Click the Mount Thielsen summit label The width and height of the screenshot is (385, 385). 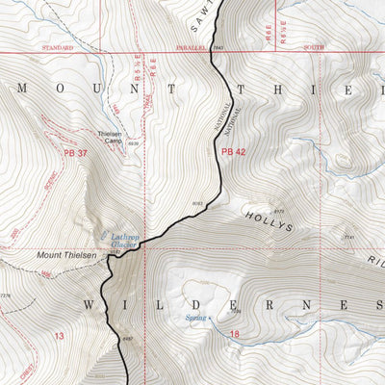point(65,255)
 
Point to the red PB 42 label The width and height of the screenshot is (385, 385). point(234,151)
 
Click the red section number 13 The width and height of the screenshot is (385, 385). point(59,336)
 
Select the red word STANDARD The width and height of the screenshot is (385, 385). point(58,46)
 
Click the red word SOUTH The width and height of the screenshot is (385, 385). point(313,46)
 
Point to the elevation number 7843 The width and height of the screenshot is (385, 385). point(219,46)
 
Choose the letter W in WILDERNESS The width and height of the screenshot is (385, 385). point(89,305)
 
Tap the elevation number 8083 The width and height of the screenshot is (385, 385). point(197,204)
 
